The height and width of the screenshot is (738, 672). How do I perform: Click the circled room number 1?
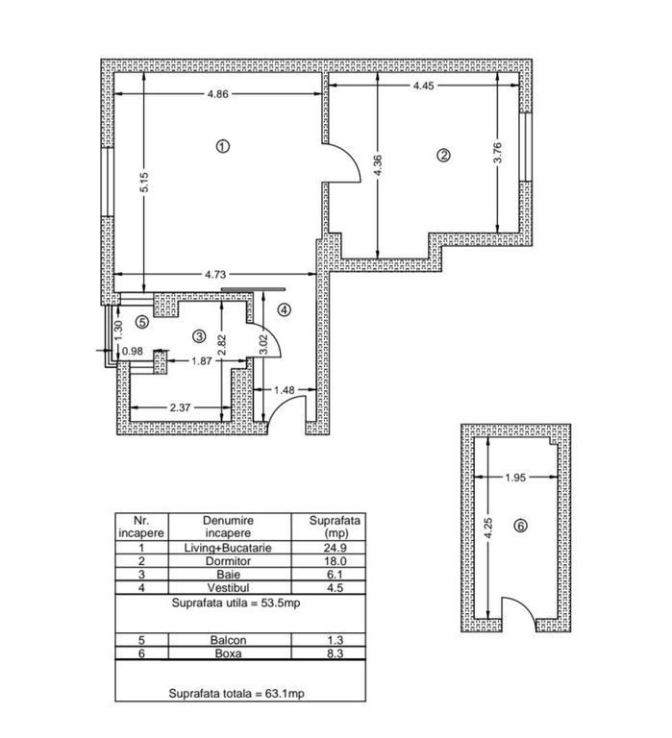(x=222, y=146)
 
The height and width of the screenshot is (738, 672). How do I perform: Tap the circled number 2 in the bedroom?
(x=443, y=156)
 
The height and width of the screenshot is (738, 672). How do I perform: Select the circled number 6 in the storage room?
(x=521, y=526)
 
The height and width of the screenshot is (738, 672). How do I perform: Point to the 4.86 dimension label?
(x=218, y=94)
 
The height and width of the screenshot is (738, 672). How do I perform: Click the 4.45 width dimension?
(x=423, y=86)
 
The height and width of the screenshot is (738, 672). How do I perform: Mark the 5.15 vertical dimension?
(x=144, y=183)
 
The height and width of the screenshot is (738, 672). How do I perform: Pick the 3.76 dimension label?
(x=498, y=153)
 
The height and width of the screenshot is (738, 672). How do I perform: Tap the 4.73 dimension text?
(x=216, y=274)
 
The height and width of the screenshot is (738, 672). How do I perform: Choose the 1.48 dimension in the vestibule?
(x=285, y=390)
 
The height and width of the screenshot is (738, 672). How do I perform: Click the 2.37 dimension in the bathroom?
(x=181, y=407)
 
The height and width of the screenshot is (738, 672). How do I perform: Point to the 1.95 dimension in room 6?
(x=515, y=478)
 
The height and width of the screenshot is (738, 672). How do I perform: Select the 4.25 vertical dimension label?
(x=488, y=529)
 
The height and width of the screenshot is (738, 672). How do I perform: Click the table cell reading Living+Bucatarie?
(x=229, y=548)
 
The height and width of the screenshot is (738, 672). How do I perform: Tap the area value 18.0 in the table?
(x=335, y=561)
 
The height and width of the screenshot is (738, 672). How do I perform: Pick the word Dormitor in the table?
(x=229, y=561)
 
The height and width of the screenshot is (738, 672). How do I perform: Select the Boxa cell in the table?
(x=229, y=653)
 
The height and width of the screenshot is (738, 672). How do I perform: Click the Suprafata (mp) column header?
(x=335, y=527)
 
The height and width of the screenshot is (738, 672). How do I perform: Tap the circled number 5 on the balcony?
(x=141, y=322)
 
